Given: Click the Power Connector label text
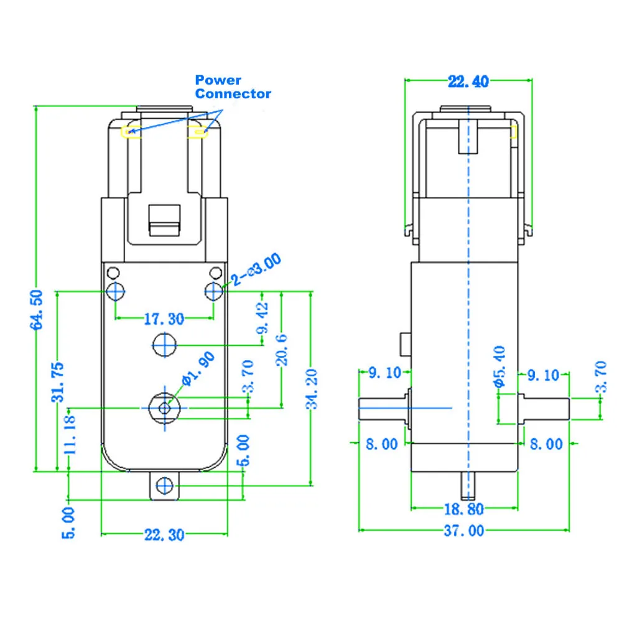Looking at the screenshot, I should tap(233, 87).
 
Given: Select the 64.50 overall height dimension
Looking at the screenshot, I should tap(39, 309).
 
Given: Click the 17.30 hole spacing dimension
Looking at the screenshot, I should tap(164, 319).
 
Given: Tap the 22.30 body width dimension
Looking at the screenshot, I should tap(164, 534).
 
